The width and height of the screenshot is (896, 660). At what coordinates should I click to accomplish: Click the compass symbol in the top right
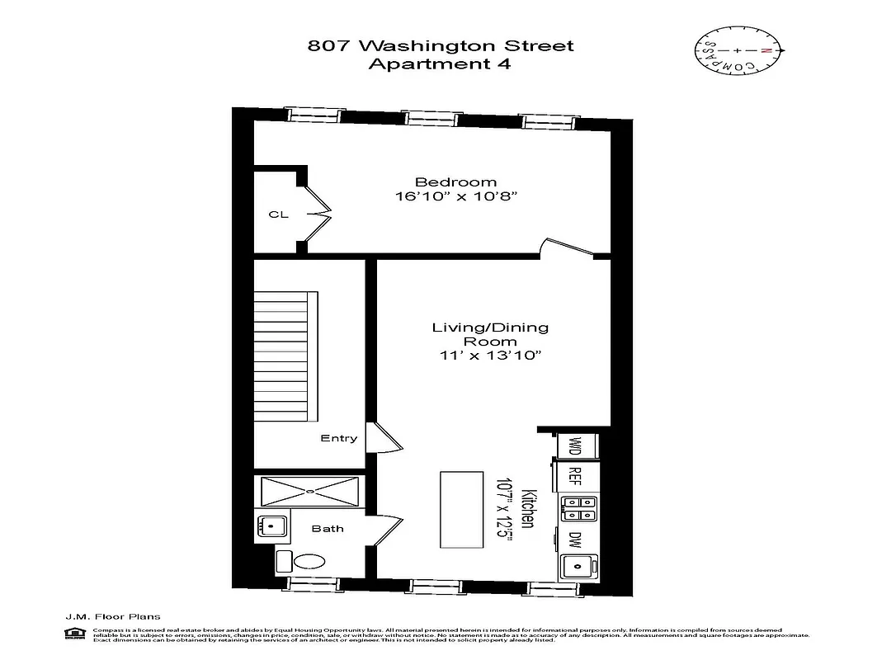pyautogui.click(x=737, y=51)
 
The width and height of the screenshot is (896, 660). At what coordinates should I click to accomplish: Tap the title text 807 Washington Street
pyautogui.click(x=440, y=46)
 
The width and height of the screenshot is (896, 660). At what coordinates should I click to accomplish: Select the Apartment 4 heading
pyautogui.click(x=440, y=65)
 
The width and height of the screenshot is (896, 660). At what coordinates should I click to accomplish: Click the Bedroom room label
pyautogui.click(x=455, y=182)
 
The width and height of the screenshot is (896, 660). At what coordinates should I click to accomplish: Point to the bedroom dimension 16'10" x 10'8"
pyautogui.click(x=455, y=197)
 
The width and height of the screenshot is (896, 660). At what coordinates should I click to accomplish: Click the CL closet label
pyautogui.click(x=278, y=214)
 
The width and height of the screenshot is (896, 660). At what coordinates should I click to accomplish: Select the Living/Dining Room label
pyautogui.click(x=490, y=334)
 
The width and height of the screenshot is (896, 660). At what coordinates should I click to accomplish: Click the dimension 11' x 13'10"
pyautogui.click(x=490, y=356)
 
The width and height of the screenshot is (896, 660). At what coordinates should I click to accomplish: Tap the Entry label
pyautogui.click(x=338, y=438)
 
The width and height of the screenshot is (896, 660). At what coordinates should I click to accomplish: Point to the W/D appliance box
pyautogui.click(x=576, y=446)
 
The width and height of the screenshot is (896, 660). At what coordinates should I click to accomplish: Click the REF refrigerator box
pyautogui.click(x=576, y=476)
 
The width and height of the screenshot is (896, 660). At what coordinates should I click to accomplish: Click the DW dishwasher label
pyautogui.click(x=575, y=540)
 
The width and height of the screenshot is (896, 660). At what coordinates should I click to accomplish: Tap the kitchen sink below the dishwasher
pyautogui.click(x=577, y=568)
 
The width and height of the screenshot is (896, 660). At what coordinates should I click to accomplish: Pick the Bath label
pyautogui.click(x=328, y=529)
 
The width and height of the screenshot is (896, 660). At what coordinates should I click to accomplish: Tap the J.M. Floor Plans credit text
pyautogui.click(x=112, y=616)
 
